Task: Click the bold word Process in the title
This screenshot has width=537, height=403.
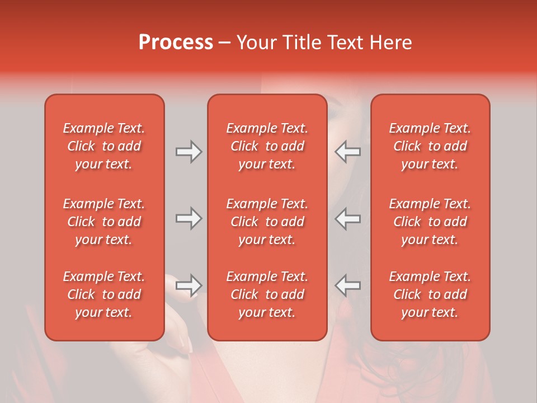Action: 176,43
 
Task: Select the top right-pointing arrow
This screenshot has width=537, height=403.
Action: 189,152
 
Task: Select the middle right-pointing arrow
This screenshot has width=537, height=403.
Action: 189,218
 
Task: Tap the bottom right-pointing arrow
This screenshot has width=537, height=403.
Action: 189,285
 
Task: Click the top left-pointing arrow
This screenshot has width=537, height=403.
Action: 347,152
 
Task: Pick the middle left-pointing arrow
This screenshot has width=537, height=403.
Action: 347,218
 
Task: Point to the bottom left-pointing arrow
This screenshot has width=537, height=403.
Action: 347,285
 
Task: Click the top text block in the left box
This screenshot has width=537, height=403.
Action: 104,146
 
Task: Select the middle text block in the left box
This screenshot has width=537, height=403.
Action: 104,222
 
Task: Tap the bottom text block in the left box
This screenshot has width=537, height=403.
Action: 104,294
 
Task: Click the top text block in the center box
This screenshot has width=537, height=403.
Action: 267,146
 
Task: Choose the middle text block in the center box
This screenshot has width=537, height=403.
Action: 267,222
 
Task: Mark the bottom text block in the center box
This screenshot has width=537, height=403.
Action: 267,294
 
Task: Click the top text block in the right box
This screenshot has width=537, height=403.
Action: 430,146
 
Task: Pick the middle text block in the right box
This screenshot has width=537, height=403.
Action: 430,222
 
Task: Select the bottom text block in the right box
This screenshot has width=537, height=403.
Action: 430,294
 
